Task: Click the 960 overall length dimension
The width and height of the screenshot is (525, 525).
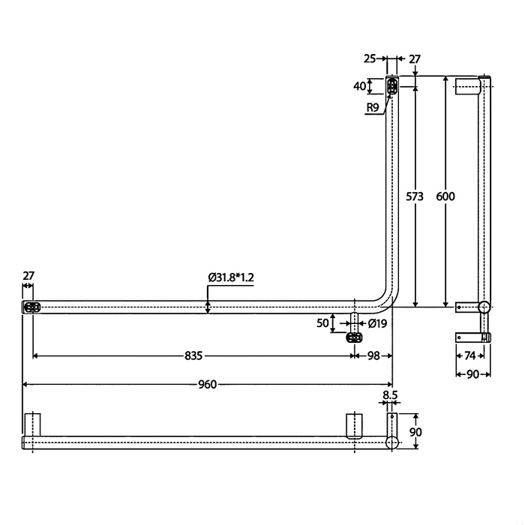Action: tap(207, 385)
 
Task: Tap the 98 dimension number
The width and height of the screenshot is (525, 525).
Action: tap(373, 355)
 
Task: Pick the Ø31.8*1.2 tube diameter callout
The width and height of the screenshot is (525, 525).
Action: tap(232, 277)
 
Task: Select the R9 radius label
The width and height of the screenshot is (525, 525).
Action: tap(373, 108)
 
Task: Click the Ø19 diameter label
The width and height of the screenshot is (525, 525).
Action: tap(377, 323)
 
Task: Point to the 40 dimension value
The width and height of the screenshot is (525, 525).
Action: tap(361, 86)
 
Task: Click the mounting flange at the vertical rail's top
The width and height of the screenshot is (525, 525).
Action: tap(391, 88)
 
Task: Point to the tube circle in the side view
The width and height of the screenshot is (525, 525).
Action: tap(484, 307)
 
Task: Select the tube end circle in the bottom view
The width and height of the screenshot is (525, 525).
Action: tap(391, 442)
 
